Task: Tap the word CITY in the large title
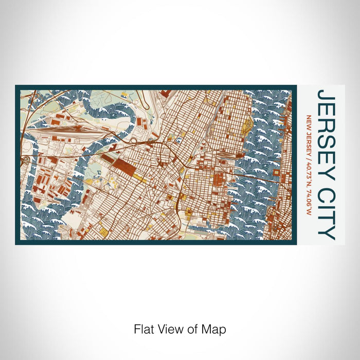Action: pyautogui.click(x=326, y=214)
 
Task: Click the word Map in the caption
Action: pyautogui.click(x=215, y=328)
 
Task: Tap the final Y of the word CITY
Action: pyautogui.click(x=326, y=235)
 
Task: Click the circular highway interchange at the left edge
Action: pyautogui.click(x=25, y=161)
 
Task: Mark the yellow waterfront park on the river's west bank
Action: pyautogui.click(x=248, y=124)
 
